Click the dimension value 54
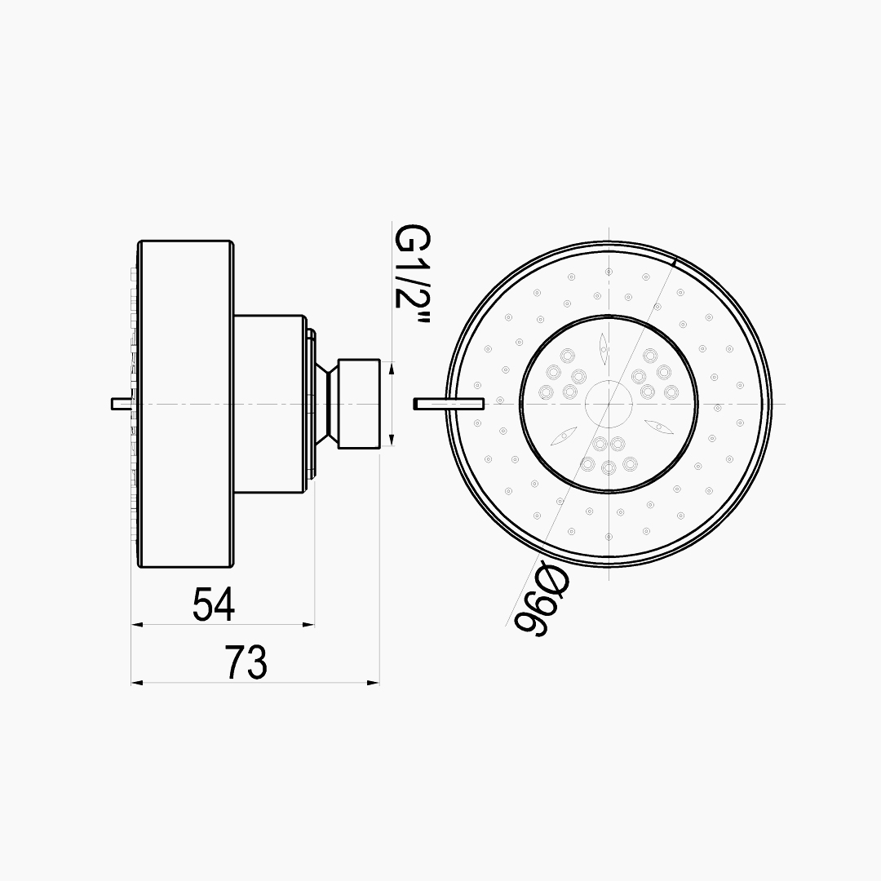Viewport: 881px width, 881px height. pos(213,604)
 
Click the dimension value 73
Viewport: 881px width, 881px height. pos(246,662)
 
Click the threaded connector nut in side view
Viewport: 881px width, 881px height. pos(358,404)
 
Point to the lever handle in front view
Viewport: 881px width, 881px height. pos(449,404)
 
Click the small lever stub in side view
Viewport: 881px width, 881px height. pos(122,404)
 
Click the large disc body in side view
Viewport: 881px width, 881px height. pos(185,404)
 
